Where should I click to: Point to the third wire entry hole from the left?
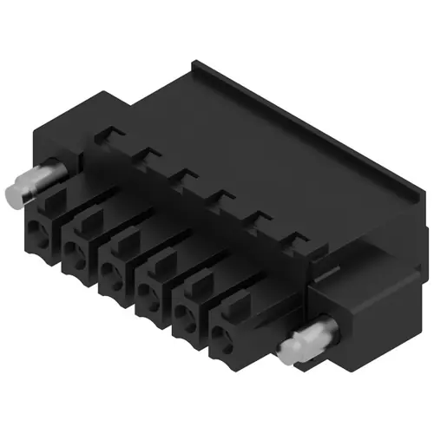pyautogui.click(x=111, y=277)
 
